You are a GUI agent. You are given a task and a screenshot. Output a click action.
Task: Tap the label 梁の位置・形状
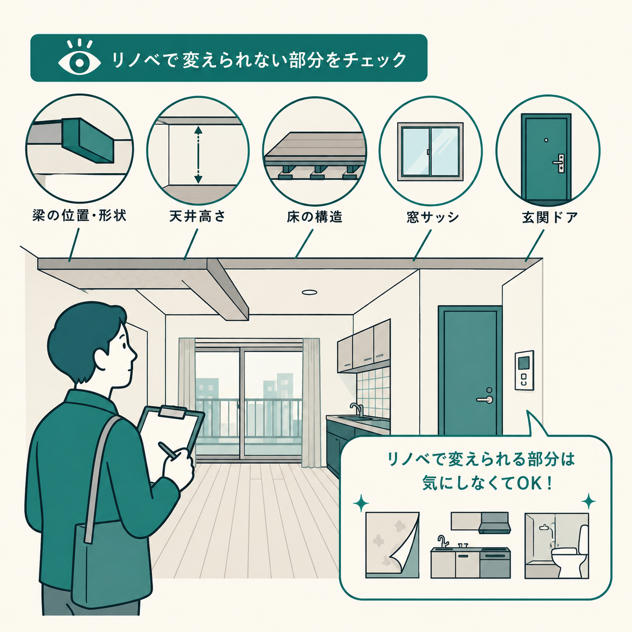click(79, 216)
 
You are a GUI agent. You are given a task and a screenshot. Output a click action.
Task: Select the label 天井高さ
click(198, 216)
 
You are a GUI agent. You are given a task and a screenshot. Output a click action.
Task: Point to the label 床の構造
click(314, 217)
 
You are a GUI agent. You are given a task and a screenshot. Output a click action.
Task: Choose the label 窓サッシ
click(432, 217)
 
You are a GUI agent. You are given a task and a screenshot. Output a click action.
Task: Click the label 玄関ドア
click(550, 217)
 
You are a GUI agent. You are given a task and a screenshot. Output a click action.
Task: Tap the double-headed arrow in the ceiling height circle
click(198, 155)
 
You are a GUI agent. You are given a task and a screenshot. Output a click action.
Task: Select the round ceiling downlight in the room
click(309, 292)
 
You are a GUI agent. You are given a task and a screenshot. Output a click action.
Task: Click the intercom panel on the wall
click(524, 370)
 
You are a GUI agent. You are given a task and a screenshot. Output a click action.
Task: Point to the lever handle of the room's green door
click(485, 399)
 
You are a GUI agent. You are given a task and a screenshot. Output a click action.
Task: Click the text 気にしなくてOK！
click(487, 484)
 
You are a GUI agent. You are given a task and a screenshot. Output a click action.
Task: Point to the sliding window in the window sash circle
click(430, 152)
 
